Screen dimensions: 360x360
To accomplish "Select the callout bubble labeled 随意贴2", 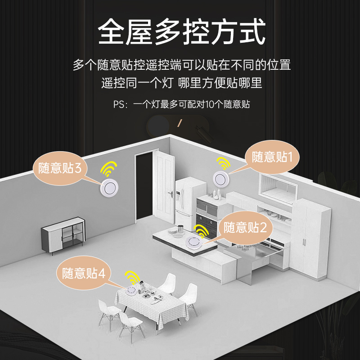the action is [x=245, y=227].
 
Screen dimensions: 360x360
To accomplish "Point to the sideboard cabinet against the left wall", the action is [x=63, y=235].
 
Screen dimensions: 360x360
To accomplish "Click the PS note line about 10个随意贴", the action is [x=181, y=105].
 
